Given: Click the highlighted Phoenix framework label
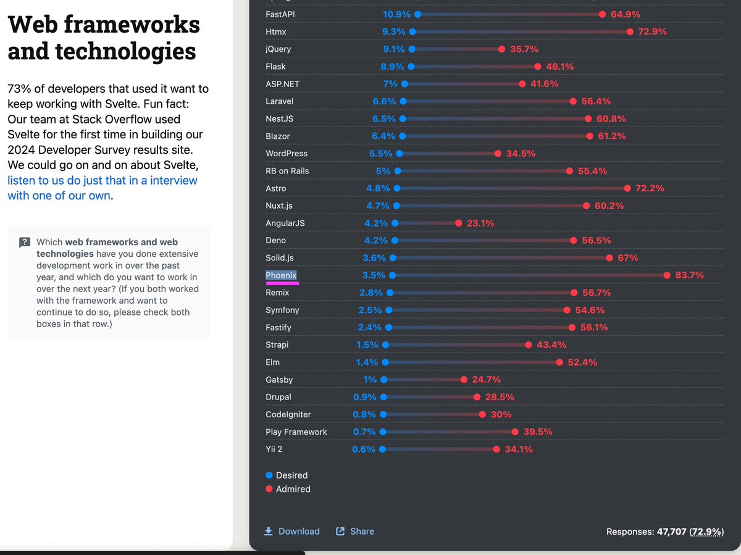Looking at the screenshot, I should (x=281, y=275).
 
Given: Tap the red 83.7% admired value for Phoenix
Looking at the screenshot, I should (x=689, y=275).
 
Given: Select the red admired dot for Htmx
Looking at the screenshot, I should (x=630, y=31).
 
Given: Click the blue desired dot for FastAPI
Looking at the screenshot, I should (x=418, y=14).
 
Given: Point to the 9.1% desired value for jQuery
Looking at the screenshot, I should (x=393, y=49).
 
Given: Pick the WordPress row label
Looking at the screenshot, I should (x=287, y=153).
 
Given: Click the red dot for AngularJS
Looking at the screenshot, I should (x=458, y=223).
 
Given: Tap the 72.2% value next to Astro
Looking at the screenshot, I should (x=650, y=188).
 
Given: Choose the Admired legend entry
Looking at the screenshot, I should (x=288, y=489).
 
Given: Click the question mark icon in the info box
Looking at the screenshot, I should (x=25, y=243).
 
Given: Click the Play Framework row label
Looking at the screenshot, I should (x=296, y=432).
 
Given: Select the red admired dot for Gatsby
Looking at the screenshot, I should (x=464, y=380).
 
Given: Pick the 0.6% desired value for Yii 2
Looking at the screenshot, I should (x=364, y=449).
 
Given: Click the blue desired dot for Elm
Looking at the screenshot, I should (x=385, y=362).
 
